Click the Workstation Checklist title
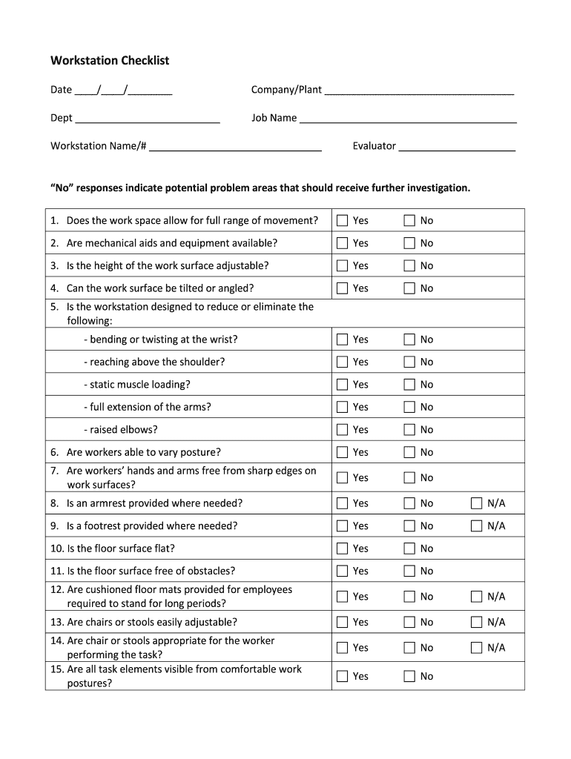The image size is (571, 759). [x=110, y=60]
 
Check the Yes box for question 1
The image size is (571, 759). [x=342, y=220]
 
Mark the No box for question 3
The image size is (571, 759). [x=409, y=265]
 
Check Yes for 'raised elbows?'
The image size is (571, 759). [x=342, y=429]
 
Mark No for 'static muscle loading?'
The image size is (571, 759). [x=409, y=384]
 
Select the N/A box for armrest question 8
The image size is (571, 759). [x=477, y=503]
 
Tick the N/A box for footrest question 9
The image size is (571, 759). [x=477, y=526]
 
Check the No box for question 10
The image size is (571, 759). [x=409, y=548]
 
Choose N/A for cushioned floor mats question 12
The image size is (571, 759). [x=477, y=596]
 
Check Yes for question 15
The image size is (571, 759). [x=342, y=676]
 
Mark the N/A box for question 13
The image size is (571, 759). [x=477, y=622]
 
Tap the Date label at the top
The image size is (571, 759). [x=61, y=90]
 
